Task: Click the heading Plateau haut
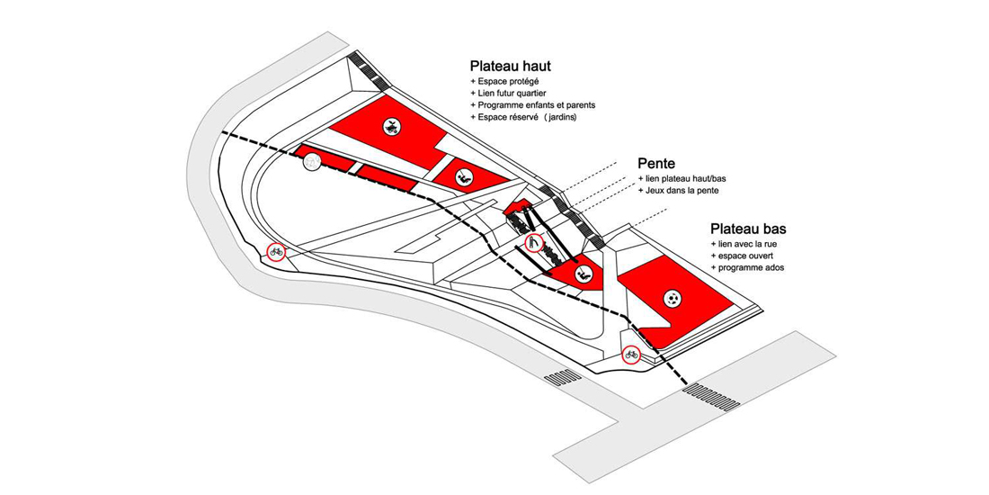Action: pyautogui.click(x=510, y=67)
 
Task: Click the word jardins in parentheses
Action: pyautogui.click(x=562, y=117)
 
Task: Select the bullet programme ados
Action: pyautogui.click(x=751, y=268)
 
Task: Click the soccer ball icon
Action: pyautogui.click(x=673, y=298)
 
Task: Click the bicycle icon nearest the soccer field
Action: pyautogui.click(x=632, y=354)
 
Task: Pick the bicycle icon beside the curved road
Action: pyautogui.click(x=276, y=252)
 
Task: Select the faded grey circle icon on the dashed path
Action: pyautogui.click(x=312, y=162)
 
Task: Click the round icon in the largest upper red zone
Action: pyautogui.click(x=391, y=127)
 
